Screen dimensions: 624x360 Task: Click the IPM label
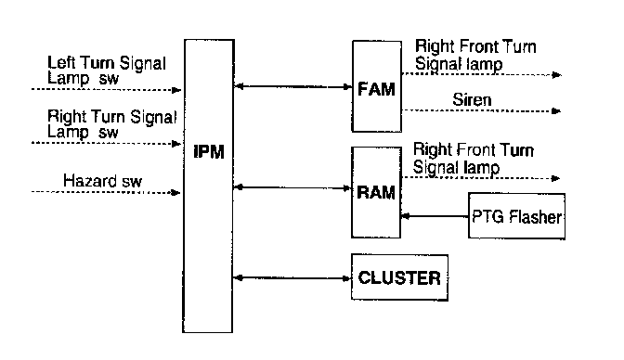[209, 151]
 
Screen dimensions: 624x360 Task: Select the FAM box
[376, 86]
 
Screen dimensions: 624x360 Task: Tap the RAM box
[376, 193]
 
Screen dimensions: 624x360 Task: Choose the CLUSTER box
[399, 277]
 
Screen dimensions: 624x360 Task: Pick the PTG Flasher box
[516, 216]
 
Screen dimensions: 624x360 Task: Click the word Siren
[472, 99]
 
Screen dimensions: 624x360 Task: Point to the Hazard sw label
[102, 181]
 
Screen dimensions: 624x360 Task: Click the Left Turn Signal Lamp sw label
[107, 71]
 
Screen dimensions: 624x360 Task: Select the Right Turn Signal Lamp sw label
[111, 124]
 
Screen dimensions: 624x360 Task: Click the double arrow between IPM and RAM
[292, 187]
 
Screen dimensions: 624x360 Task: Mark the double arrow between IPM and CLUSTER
[292, 277]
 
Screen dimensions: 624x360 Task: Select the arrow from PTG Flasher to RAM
[435, 216]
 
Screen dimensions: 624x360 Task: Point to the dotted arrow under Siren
[482, 110]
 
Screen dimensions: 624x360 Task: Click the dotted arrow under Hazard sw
[106, 193]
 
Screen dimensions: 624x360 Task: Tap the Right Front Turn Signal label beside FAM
[475, 55]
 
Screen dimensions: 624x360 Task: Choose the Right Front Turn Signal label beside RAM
[474, 159]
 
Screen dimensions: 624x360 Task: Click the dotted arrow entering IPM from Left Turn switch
[107, 89]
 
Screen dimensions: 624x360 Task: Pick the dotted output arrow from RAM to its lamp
[481, 178]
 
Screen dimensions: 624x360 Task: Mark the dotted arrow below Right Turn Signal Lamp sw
[107, 143]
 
